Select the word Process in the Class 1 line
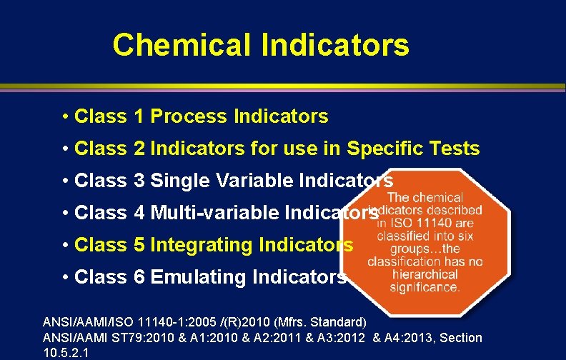click(x=188, y=116)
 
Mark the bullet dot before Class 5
click(x=65, y=245)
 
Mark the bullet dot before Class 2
click(x=65, y=149)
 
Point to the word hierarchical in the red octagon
click(x=424, y=274)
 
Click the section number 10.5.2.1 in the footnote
click(x=66, y=352)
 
